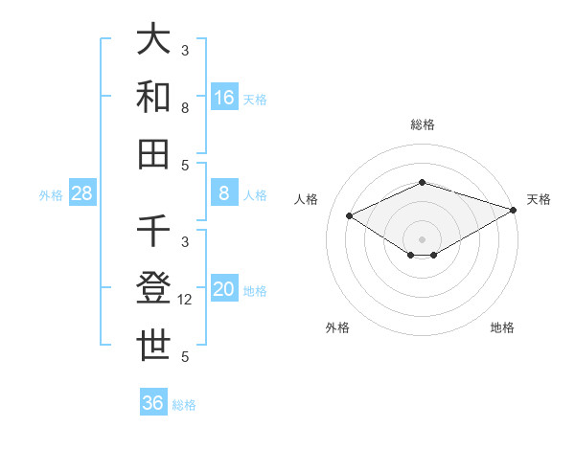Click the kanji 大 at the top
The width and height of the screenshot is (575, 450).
153,39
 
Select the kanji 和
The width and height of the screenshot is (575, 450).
153,96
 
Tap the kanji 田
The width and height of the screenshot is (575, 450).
153,153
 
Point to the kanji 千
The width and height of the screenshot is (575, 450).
153,231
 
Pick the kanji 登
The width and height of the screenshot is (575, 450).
153,287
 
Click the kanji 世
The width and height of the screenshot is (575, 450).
153,345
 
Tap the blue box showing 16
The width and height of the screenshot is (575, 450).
224,97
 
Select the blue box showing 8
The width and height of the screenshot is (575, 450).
224,193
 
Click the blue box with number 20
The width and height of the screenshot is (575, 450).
224,289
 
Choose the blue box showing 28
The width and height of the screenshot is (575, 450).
82,193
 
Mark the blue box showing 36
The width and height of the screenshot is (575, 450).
153,403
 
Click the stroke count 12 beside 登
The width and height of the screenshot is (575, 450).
185,300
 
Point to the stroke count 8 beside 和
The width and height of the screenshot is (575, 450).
185,108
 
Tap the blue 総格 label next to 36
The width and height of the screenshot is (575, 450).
184,405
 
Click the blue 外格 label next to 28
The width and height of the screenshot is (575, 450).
51,195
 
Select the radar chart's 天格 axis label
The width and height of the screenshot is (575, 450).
539,199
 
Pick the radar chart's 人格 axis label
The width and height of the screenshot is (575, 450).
307,199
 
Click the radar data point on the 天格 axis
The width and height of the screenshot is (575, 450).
515,209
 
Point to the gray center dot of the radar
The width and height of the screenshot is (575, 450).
422,238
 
